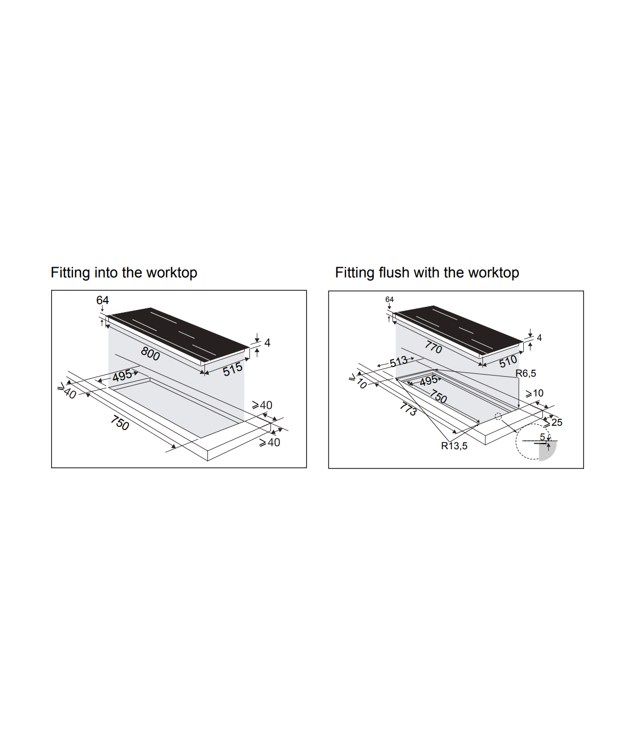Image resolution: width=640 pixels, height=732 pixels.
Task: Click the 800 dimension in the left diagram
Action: point(150,354)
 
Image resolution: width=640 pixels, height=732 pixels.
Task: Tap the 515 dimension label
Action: point(233,369)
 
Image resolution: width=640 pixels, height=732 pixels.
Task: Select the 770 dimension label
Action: point(434,347)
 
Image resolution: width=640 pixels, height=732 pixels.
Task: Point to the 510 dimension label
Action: point(508,362)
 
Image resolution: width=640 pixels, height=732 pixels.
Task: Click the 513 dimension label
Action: point(398,361)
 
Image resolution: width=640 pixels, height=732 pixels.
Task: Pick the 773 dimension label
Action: point(408,409)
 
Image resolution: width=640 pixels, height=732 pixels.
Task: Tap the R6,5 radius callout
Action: point(525,373)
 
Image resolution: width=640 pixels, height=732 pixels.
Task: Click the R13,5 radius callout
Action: point(454,446)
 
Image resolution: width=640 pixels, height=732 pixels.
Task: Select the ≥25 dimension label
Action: point(554,423)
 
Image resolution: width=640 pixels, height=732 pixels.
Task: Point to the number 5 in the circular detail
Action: point(542,437)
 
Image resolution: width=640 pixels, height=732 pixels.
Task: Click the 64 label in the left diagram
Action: point(102,300)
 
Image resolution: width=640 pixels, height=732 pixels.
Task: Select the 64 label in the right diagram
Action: point(389,299)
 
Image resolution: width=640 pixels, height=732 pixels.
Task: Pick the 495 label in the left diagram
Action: point(122,376)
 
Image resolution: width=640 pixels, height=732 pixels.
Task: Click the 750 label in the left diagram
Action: point(119,423)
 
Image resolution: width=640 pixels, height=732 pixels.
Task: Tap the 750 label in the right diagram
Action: point(438,397)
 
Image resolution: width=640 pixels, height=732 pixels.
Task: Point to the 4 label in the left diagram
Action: point(267,343)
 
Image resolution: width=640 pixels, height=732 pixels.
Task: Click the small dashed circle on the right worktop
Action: point(498,417)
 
